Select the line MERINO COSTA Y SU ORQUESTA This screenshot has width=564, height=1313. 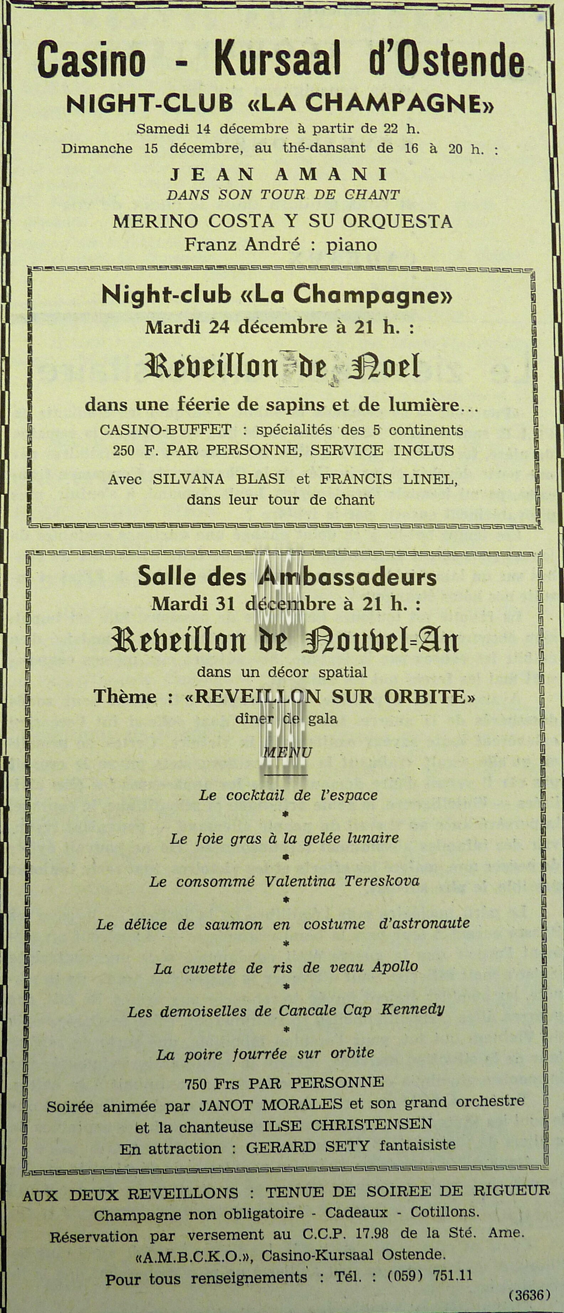[282, 222]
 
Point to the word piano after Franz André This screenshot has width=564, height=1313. [352, 245]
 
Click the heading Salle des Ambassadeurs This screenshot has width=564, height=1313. [287, 577]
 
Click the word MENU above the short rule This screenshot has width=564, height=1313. [287, 752]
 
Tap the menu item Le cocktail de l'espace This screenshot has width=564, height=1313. [288, 795]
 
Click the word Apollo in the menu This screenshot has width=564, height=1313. [395, 967]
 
